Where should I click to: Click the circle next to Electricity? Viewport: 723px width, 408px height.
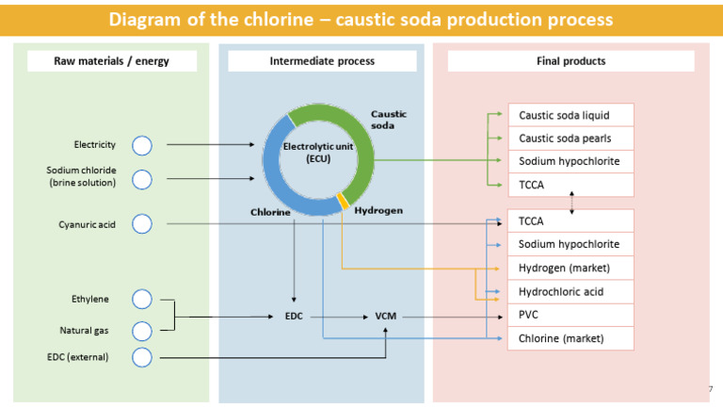141,145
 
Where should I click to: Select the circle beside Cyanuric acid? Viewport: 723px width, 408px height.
141,224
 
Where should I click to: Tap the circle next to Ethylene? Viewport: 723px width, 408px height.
141,300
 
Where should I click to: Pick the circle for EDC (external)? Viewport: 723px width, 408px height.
141,357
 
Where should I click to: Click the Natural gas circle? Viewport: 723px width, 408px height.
141,331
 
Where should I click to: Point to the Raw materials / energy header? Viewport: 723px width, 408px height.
111,61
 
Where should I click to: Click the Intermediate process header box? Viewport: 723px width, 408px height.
322,61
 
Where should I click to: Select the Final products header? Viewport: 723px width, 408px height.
570,61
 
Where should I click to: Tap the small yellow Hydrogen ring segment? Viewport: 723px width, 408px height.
344,200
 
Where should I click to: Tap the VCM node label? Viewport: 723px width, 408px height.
386,317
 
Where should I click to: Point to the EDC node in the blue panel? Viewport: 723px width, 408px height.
295,317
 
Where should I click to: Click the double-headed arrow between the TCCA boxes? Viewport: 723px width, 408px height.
571,203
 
